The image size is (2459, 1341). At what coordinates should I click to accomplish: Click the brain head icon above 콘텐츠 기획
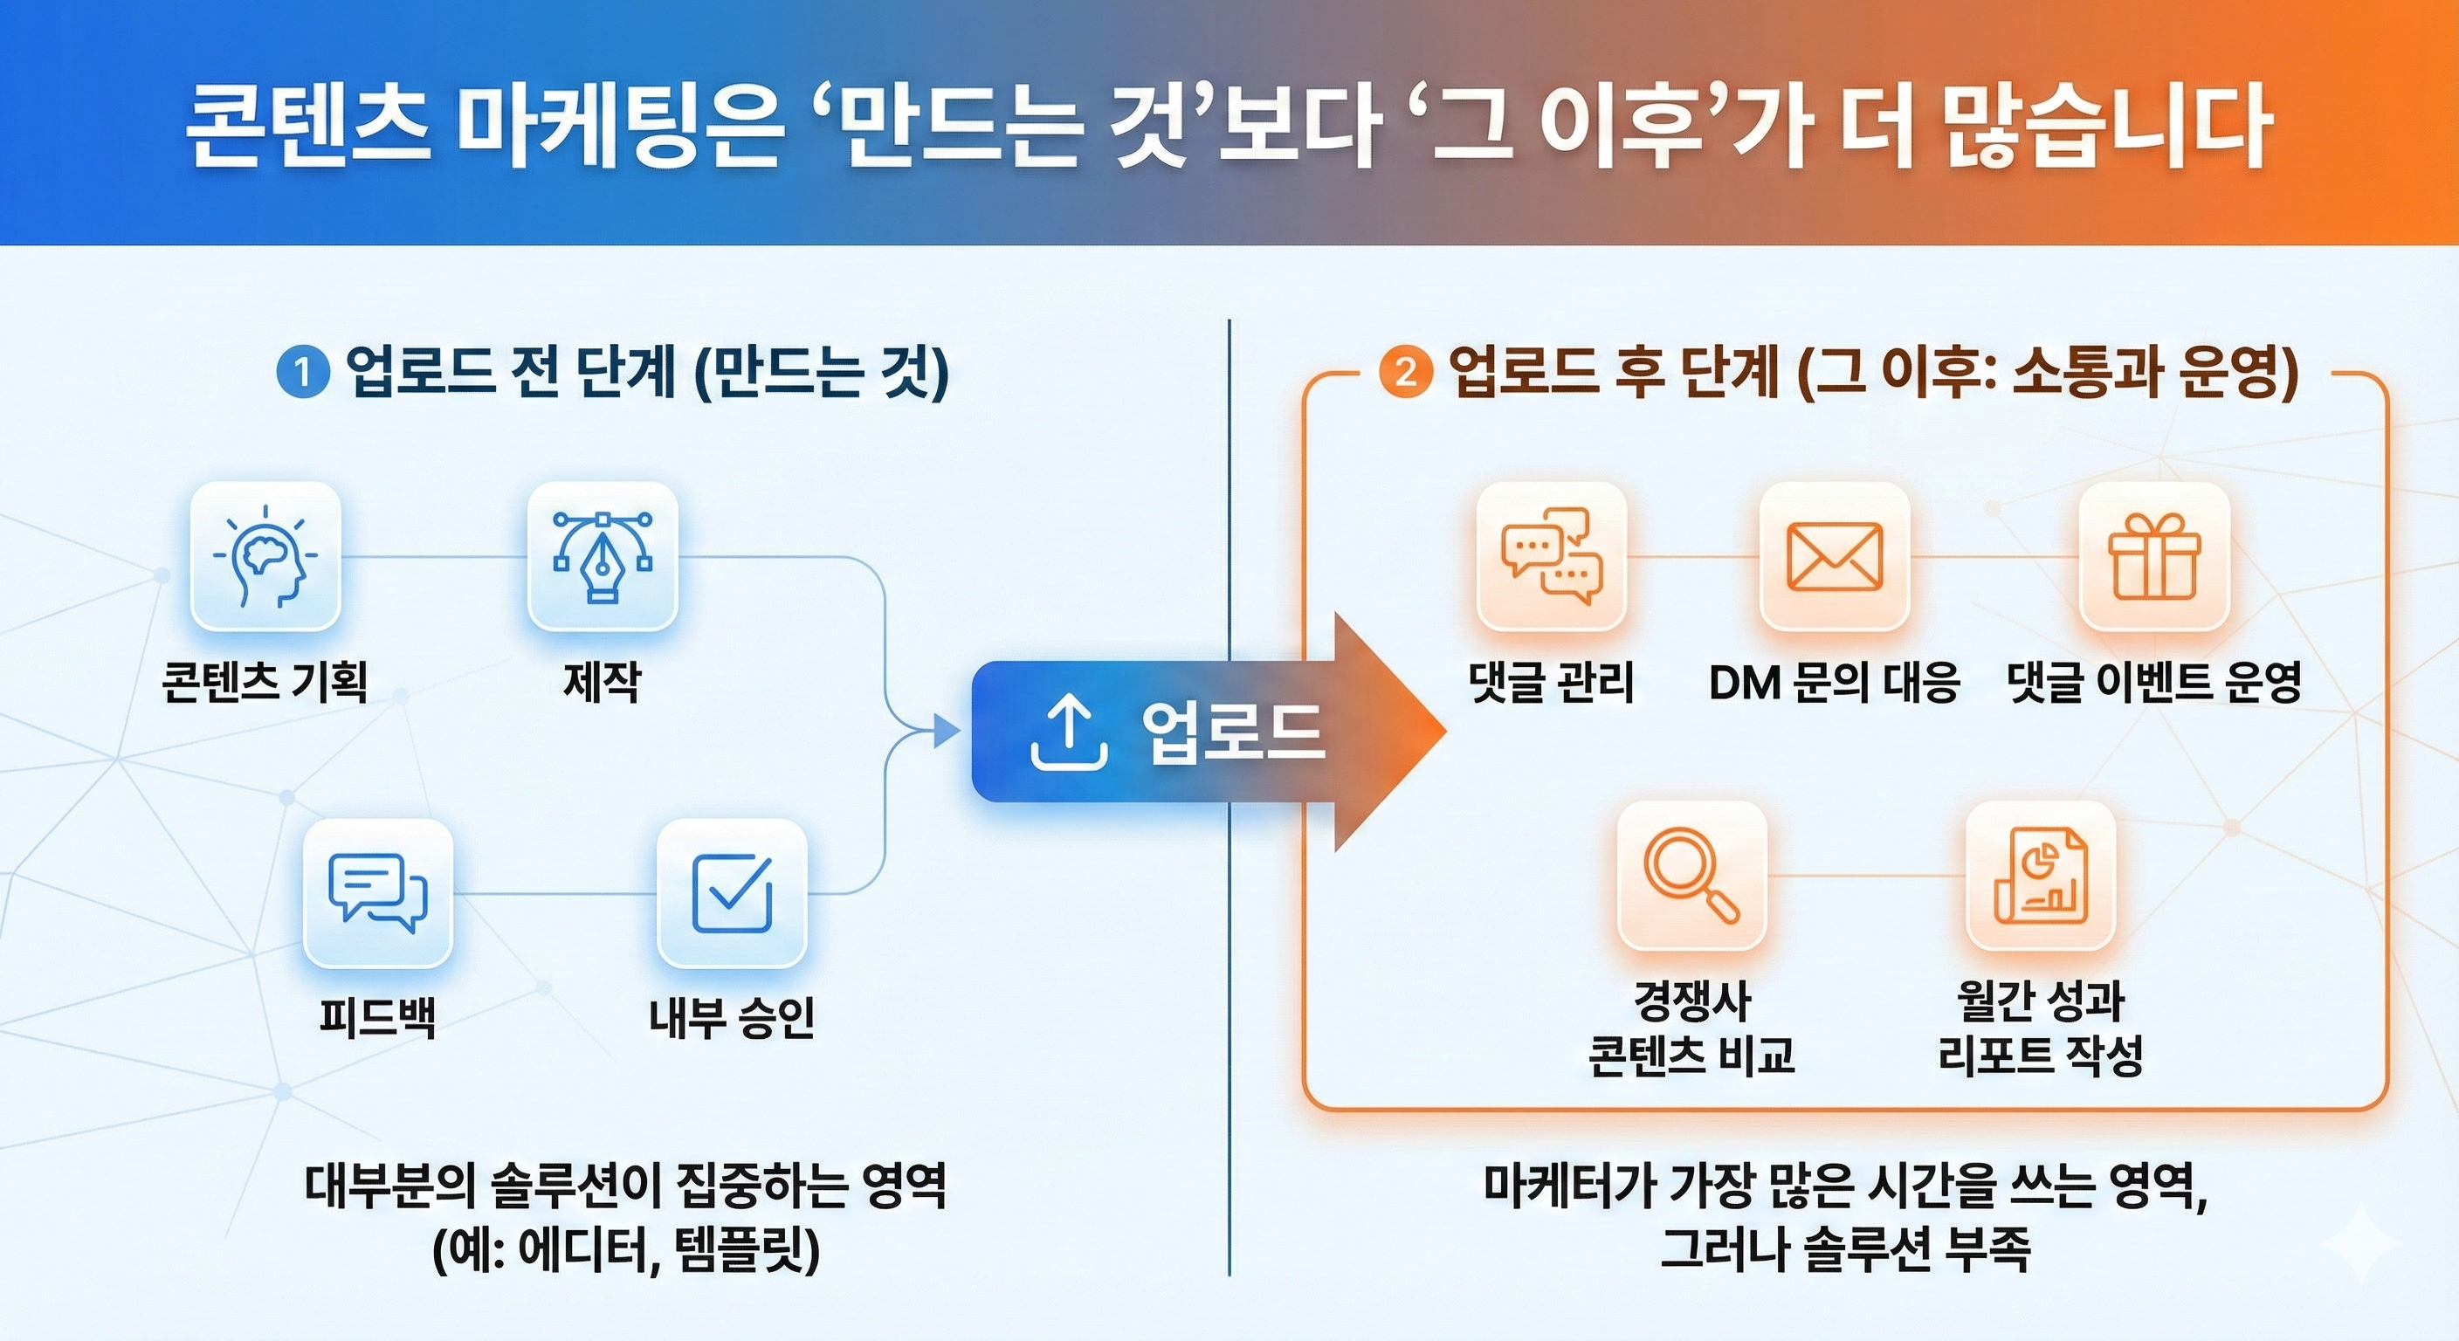click(x=265, y=556)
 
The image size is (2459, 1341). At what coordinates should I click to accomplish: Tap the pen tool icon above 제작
click(x=603, y=556)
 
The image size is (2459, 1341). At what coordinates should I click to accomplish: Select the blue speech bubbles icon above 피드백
click(x=377, y=893)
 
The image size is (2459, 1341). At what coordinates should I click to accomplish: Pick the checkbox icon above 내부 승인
click(x=732, y=893)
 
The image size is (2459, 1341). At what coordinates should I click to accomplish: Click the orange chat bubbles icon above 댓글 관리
click(x=1551, y=556)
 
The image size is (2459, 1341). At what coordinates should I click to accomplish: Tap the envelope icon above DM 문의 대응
click(x=1834, y=556)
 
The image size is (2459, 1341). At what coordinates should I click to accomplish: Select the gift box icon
click(x=2154, y=556)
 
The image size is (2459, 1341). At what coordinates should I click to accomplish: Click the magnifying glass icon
click(x=1691, y=875)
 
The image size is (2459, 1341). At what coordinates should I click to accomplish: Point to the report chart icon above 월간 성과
click(x=2040, y=875)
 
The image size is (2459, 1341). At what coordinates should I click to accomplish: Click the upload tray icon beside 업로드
click(x=1069, y=732)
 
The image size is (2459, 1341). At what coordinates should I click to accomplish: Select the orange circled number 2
click(x=1405, y=373)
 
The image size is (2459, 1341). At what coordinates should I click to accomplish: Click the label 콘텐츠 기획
click(x=265, y=682)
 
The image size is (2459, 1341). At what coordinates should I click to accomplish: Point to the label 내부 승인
click(x=732, y=1017)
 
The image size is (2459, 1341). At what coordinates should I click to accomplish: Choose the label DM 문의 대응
click(x=1834, y=682)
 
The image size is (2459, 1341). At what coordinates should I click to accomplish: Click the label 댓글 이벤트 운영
click(x=2153, y=682)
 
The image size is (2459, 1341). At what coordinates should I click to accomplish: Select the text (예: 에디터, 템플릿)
click(x=626, y=1250)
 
